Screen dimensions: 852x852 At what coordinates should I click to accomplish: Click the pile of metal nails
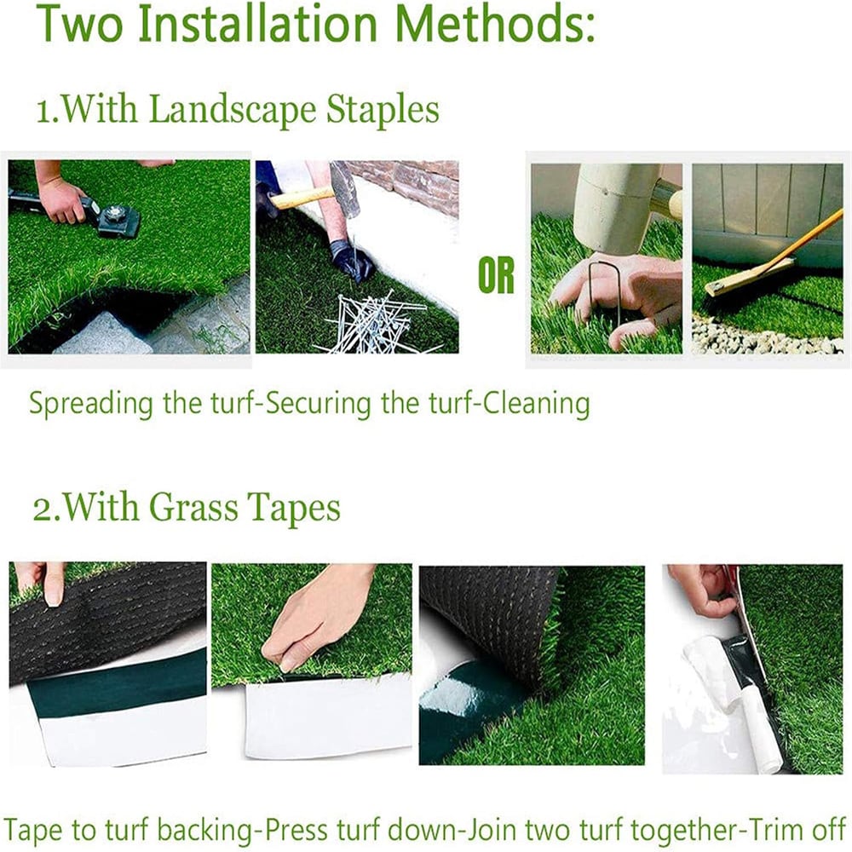click(371, 324)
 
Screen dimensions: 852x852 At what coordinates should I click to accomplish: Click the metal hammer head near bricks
click(345, 187)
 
